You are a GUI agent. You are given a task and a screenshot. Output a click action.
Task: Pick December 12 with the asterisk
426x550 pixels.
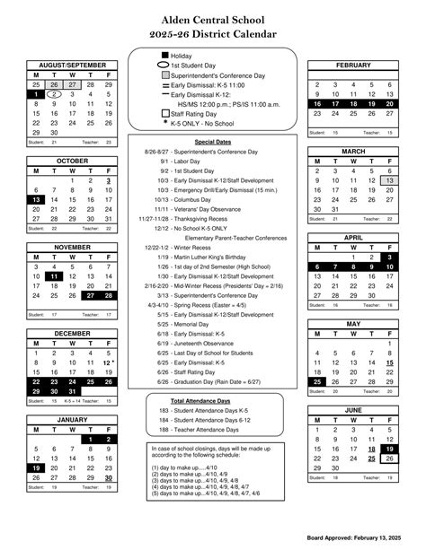point(109,362)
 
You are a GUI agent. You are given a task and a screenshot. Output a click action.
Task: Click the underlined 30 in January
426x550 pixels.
point(108,477)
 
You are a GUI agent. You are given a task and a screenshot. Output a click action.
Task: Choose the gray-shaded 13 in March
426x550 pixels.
point(390,180)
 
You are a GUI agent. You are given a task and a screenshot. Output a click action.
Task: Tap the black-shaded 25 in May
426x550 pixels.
point(316,381)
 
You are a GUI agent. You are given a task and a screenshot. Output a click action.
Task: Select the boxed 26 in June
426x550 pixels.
point(390,458)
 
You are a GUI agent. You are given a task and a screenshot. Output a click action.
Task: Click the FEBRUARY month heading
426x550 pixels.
point(352,65)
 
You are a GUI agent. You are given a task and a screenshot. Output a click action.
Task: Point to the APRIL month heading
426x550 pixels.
point(352,238)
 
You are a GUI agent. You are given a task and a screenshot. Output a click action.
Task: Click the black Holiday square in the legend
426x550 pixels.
point(164,56)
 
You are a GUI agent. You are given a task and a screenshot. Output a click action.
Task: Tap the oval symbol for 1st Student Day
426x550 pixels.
point(164,65)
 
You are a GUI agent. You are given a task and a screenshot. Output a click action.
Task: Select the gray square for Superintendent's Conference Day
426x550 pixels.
point(164,75)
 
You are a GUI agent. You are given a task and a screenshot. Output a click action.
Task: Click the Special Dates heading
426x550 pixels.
point(212,142)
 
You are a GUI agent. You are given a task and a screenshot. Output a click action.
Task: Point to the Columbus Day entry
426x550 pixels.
point(211,200)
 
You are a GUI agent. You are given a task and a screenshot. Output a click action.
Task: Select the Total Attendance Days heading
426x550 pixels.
point(212,400)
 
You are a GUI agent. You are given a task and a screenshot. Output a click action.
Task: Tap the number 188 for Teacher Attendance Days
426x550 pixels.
point(164,430)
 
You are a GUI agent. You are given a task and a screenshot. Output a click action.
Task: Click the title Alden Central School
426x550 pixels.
point(212,19)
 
